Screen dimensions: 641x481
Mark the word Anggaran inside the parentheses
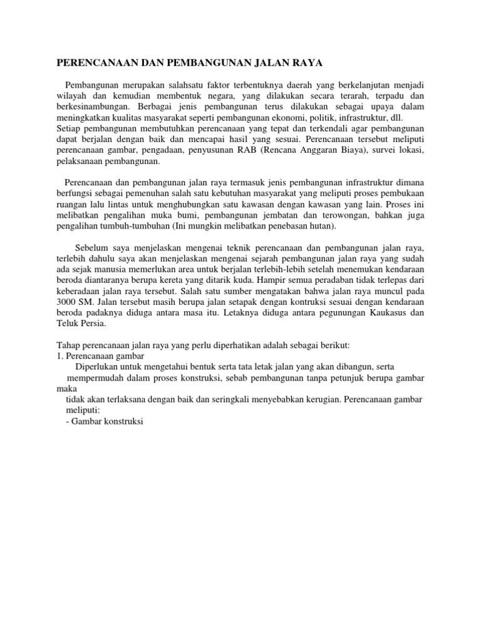point(330,151)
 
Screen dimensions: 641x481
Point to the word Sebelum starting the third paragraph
point(90,247)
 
